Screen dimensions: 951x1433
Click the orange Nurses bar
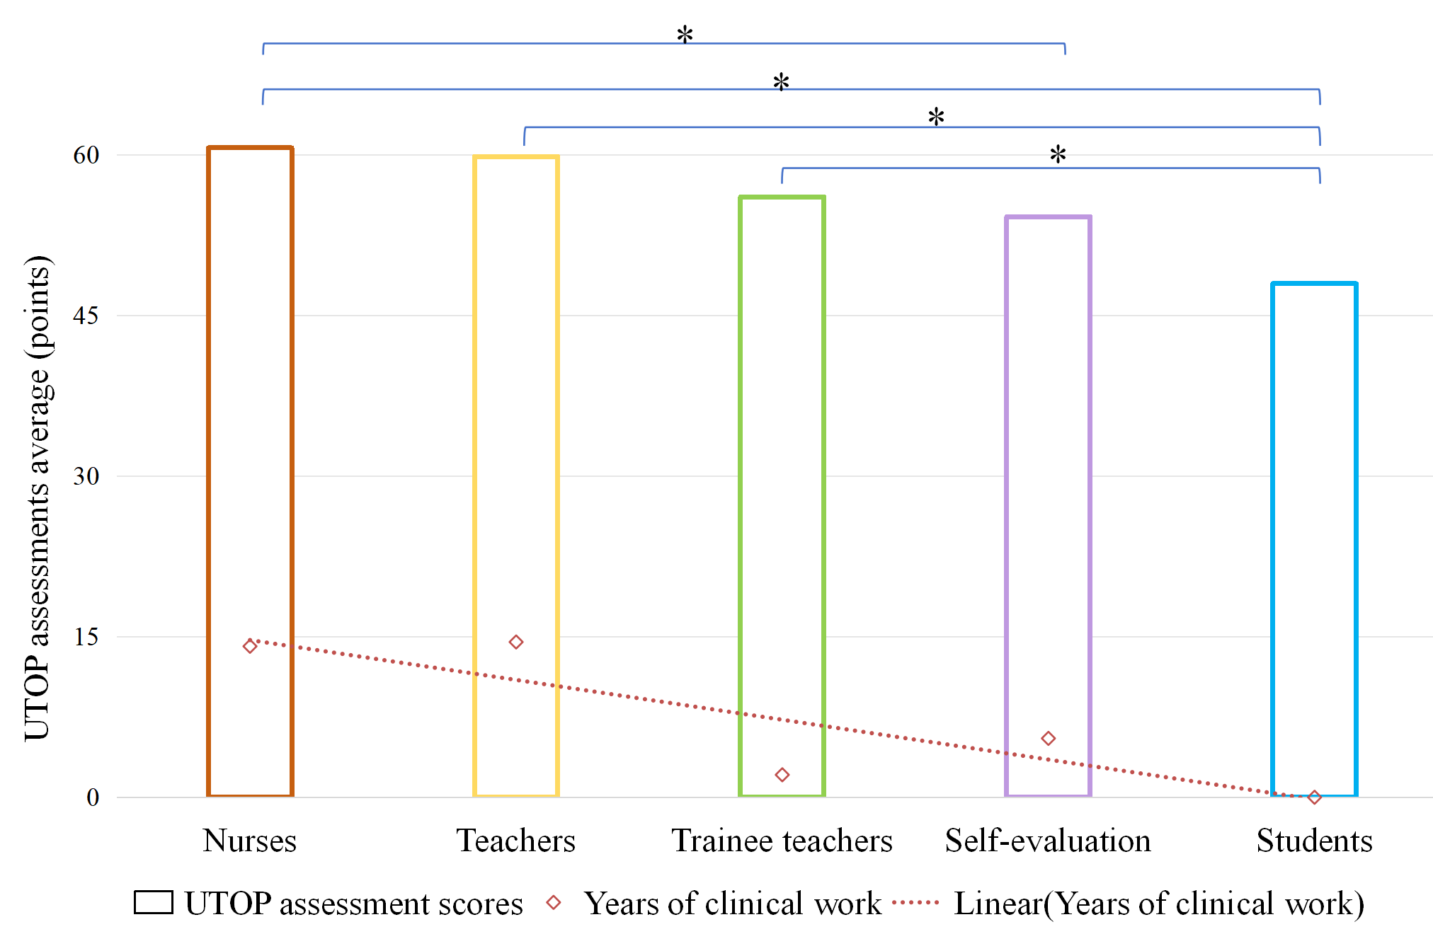[250, 425]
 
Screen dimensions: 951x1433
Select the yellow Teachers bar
[516, 425]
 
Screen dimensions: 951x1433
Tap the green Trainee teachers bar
[782, 460]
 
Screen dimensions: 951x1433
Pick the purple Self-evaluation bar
[1048, 481]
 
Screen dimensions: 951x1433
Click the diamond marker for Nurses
[250, 646]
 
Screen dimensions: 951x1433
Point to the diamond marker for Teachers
[516, 642]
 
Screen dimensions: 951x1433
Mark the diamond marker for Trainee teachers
[782, 775]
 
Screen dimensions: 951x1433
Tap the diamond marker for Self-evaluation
[1048, 739]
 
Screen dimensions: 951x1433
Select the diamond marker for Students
[1314, 797]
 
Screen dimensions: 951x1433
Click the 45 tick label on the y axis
[86, 316]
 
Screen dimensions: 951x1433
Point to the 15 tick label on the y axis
[86, 637]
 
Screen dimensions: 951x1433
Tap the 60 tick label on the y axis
[86, 155]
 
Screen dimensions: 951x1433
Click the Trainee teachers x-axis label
[782, 841]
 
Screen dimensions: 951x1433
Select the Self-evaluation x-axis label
[1048, 841]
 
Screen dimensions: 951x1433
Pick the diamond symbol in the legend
[554, 903]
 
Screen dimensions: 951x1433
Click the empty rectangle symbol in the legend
[154, 903]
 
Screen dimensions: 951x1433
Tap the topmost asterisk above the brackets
[685, 34]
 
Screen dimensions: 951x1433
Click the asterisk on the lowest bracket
[1058, 154]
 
